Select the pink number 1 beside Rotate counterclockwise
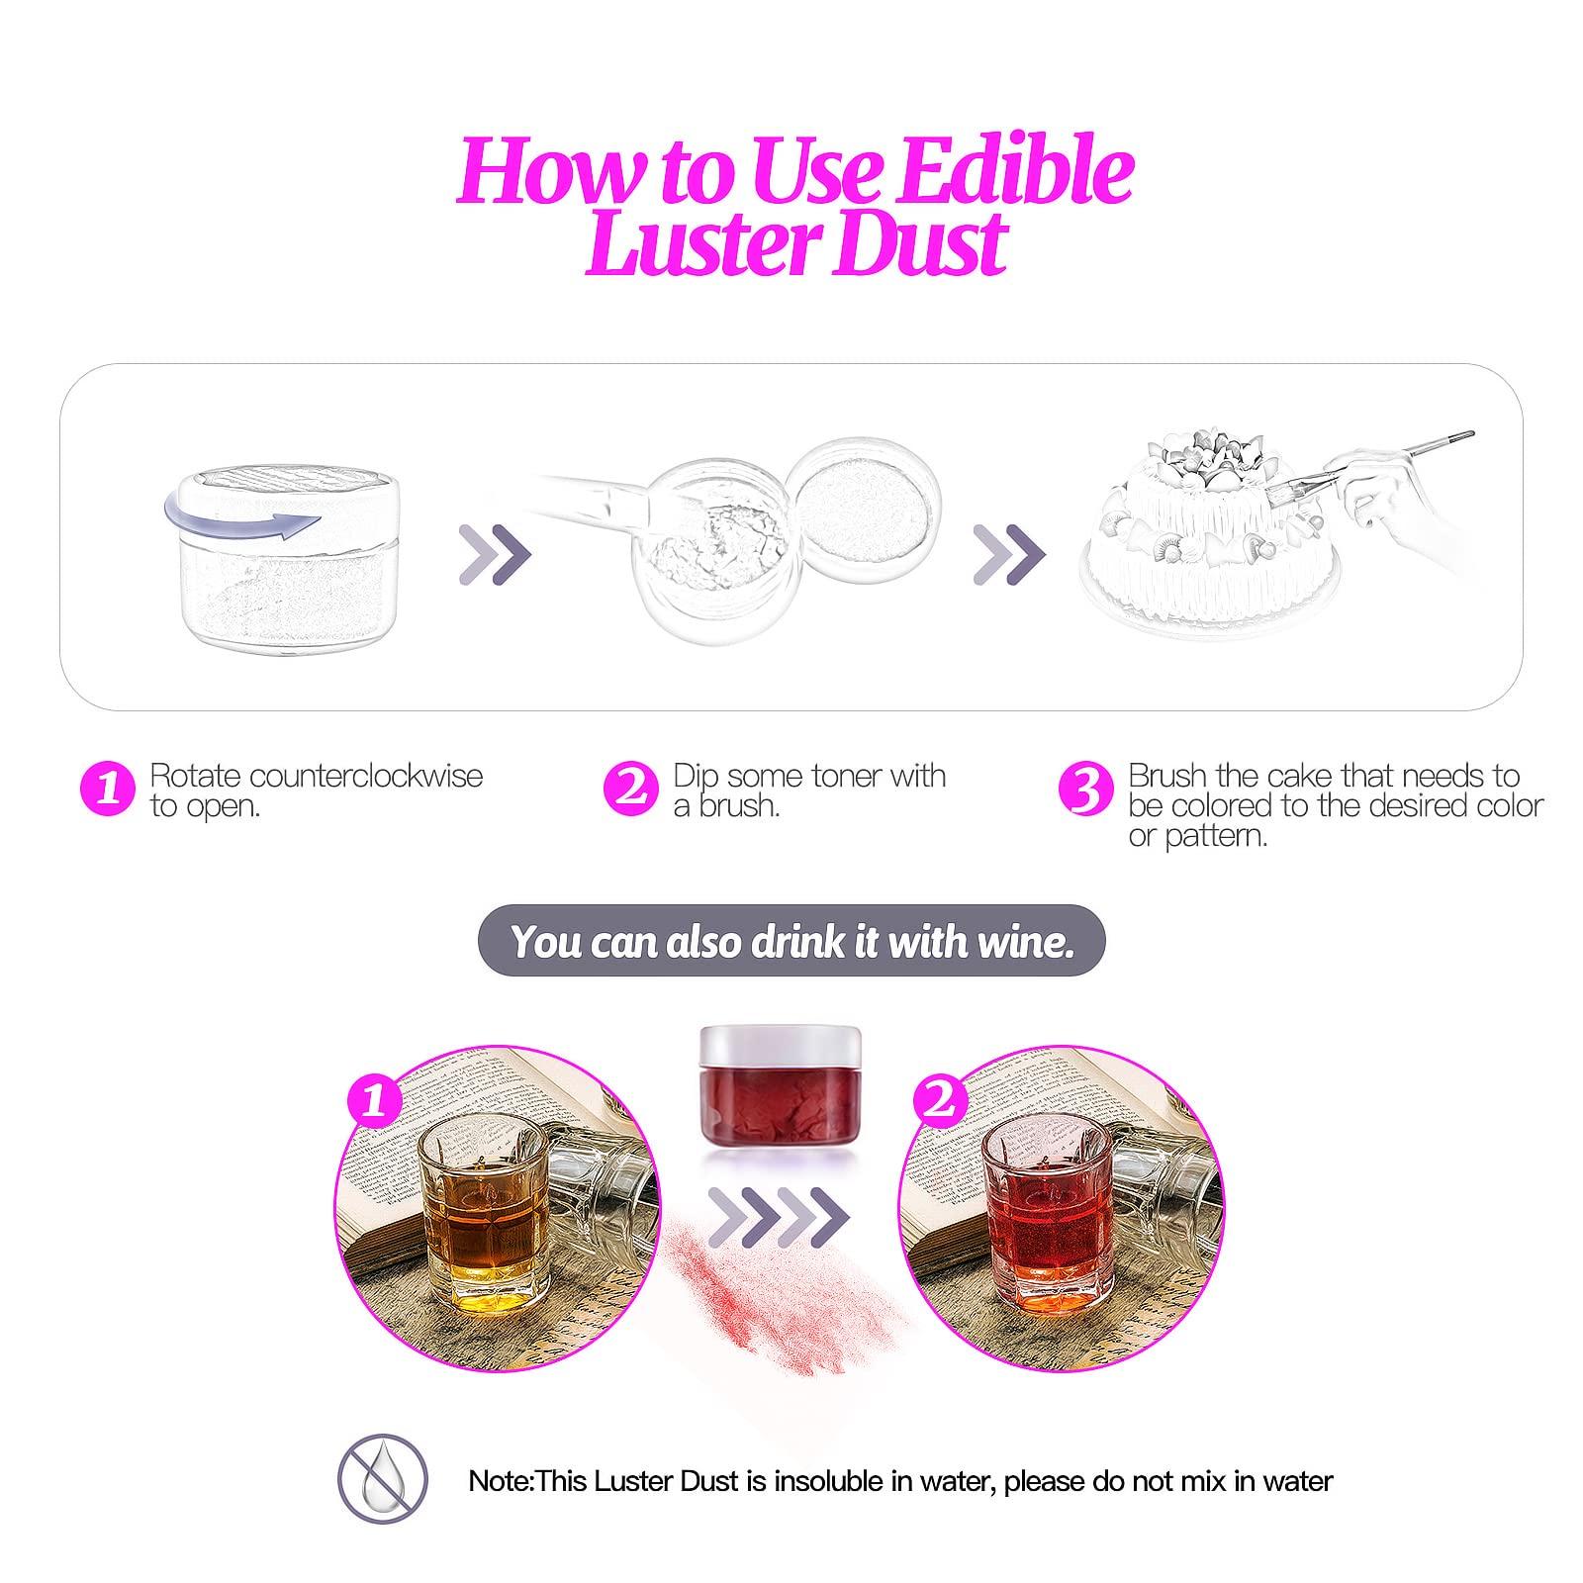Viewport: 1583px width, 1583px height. point(110,789)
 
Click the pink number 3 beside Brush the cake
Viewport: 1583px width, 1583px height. point(1086,789)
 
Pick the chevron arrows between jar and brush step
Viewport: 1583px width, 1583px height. point(496,553)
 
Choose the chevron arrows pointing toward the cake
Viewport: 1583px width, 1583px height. point(1009,553)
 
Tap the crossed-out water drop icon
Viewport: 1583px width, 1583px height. point(384,1480)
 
